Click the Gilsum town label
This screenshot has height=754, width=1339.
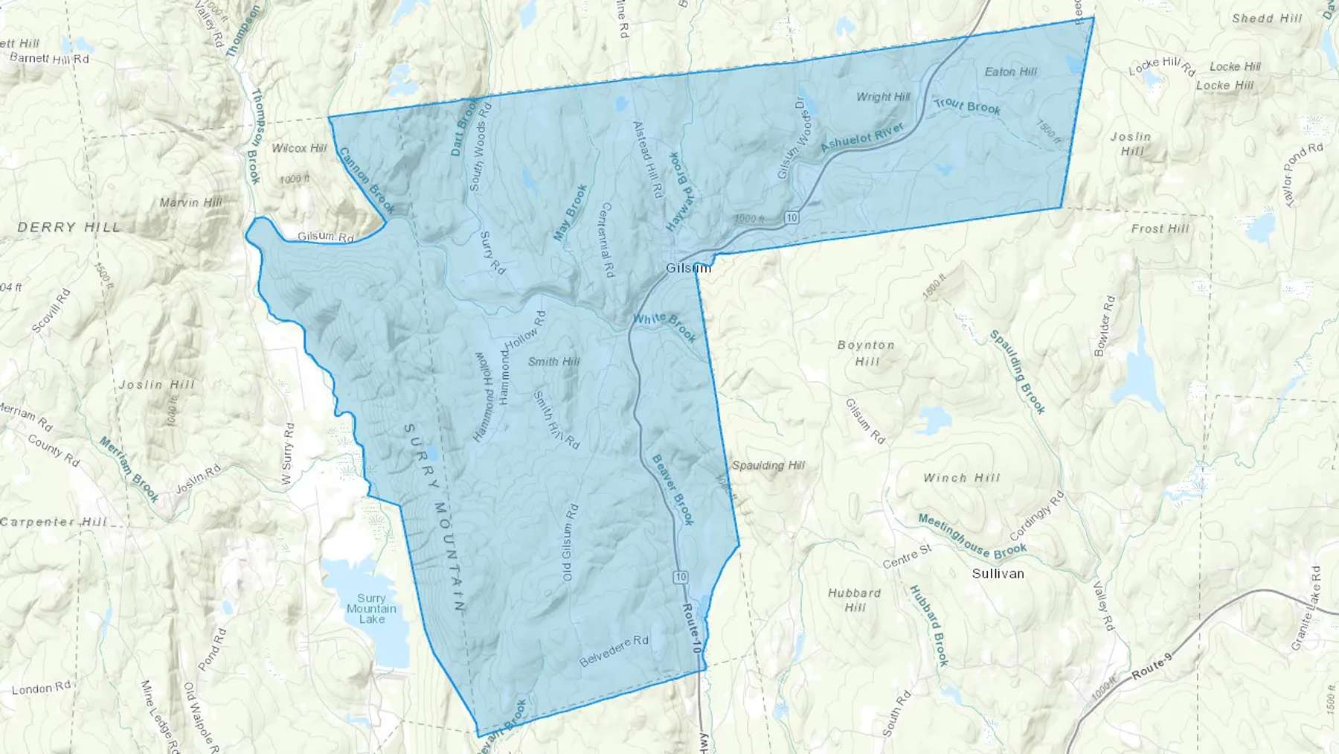[687, 267]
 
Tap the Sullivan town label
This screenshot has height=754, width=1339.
[998, 573]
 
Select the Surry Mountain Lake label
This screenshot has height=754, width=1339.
[371, 608]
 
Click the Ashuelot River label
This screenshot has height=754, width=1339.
[862, 138]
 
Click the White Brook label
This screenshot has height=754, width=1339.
[664, 327]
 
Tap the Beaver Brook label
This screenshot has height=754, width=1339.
[673, 489]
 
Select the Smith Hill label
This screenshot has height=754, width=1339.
[553, 361]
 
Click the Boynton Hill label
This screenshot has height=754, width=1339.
[866, 353]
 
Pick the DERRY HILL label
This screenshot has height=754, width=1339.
[68, 227]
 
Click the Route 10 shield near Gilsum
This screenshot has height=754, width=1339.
[791, 217]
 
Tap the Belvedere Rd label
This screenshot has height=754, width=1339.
[614, 651]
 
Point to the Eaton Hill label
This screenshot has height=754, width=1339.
[1010, 71]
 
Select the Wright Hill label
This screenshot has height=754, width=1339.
[883, 97]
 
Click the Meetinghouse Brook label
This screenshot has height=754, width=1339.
[972, 536]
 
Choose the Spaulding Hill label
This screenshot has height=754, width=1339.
[768, 465]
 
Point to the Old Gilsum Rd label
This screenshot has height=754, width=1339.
[569, 543]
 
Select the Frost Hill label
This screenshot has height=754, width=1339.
[1160, 229]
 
